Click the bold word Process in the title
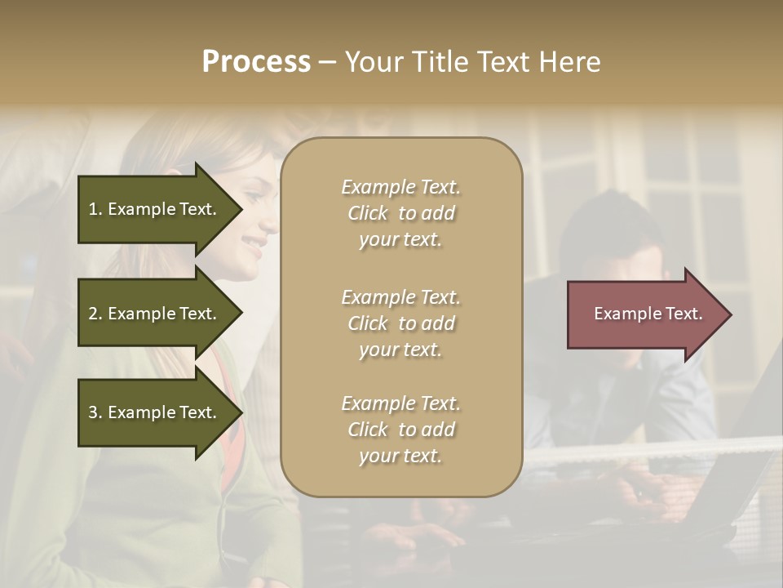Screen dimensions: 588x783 pyautogui.click(x=256, y=62)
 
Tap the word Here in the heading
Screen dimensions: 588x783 pyautogui.click(x=568, y=62)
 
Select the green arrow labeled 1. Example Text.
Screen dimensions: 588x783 pyautogui.click(x=155, y=209)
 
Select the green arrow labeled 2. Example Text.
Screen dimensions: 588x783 pyautogui.click(x=155, y=314)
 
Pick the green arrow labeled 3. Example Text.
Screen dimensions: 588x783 pyautogui.click(x=155, y=412)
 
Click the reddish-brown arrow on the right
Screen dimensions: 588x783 pyautogui.click(x=644, y=314)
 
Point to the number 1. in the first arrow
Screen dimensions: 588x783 pyautogui.click(x=95, y=209)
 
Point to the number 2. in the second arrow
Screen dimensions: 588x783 pyautogui.click(x=95, y=314)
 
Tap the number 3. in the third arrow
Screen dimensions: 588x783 pyautogui.click(x=95, y=412)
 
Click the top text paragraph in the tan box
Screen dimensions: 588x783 pyautogui.click(x=400, y=213)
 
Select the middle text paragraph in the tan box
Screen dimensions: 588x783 pyautogui.click(x=400, y=323)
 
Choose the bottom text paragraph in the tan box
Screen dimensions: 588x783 pyautogui.click(x=400, y=430)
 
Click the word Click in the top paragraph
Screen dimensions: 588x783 pyautogui.click(x=368, y=213)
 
